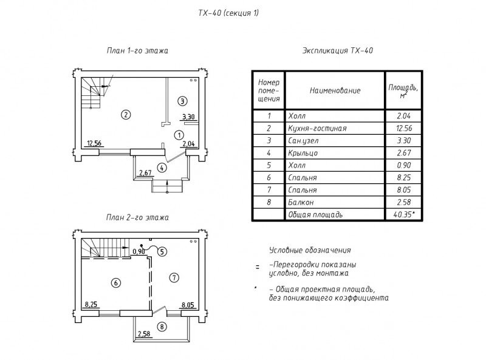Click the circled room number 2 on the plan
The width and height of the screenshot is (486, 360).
(126, 115)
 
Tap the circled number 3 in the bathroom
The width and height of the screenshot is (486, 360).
(182, 101)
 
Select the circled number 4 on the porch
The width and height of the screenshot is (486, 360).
(162, 168)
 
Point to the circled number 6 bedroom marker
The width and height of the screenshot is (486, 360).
(116, 283)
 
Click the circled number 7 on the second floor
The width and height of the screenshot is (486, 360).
(174, 277)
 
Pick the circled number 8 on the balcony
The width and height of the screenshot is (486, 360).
(162, 327)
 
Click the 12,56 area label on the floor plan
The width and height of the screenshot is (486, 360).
(94, 143)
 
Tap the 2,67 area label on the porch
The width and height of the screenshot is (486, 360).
(145, 172)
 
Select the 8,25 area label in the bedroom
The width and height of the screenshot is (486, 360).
(91, 305)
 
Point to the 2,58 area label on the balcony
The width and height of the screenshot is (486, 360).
(144, 334)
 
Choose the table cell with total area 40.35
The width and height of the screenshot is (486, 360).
(404, 214)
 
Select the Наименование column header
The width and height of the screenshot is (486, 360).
(335, 91)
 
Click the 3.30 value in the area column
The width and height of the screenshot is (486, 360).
(404, 141)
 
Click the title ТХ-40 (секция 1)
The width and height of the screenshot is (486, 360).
(228, 13)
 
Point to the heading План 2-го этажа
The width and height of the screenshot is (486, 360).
(137, 217)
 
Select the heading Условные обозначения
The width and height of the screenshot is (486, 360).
(310, 250)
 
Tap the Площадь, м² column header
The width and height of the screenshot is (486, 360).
(403, 91)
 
